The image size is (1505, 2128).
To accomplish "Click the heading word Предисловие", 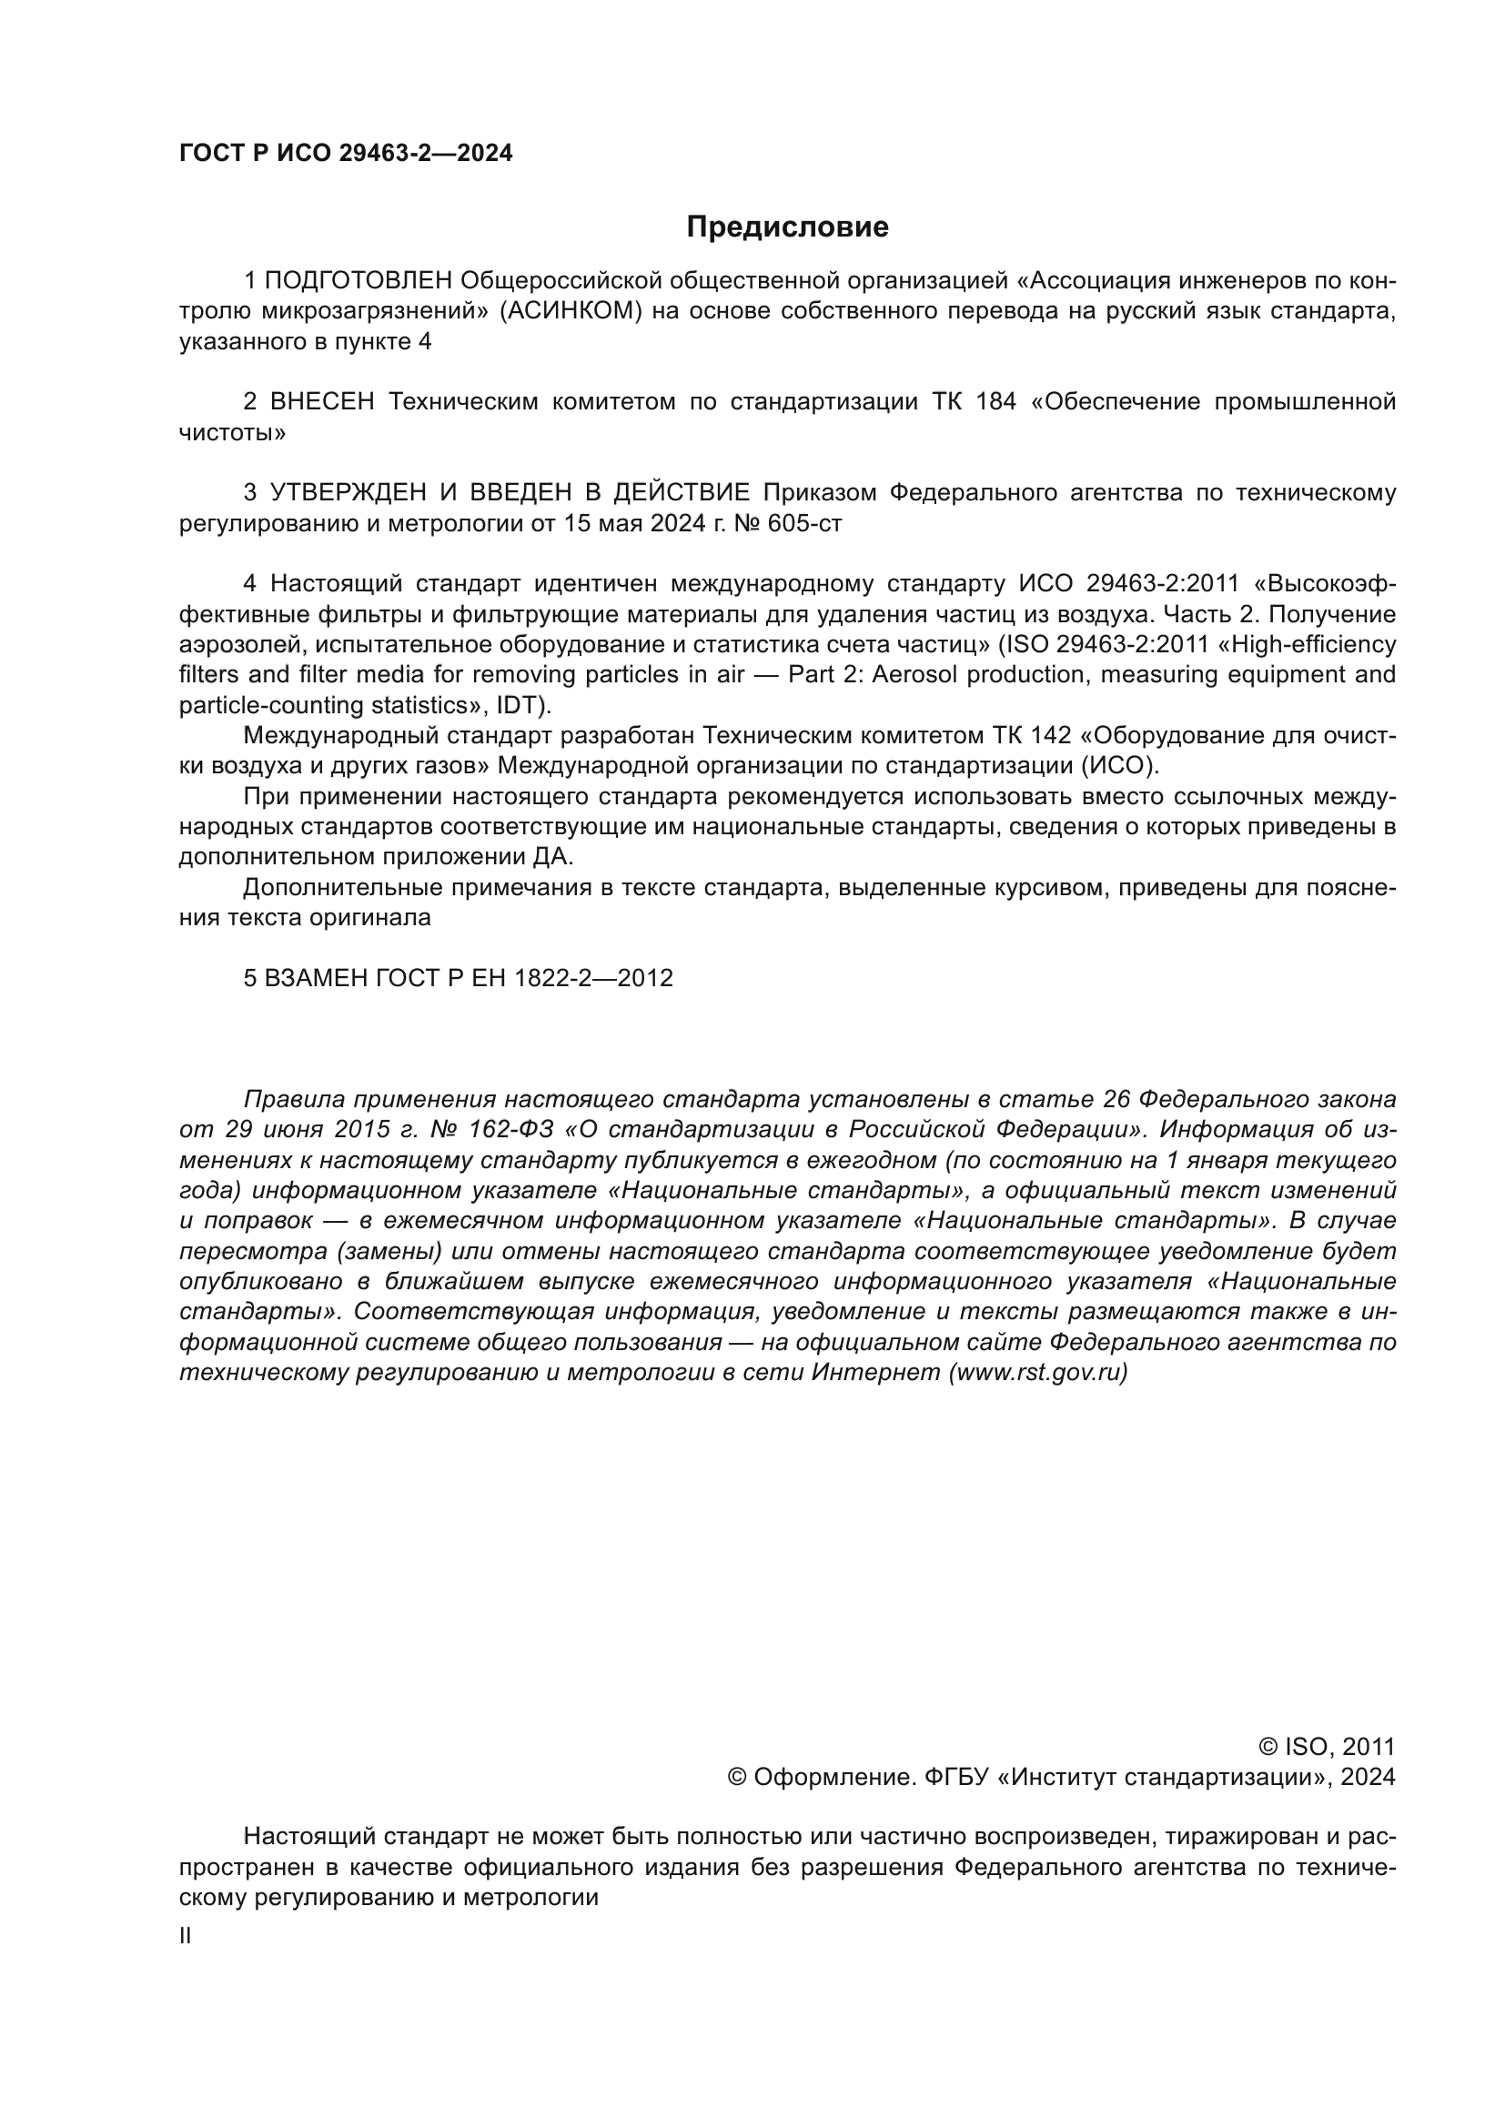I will (x=787, y=227).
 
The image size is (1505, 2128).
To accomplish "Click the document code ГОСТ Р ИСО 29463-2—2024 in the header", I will (x=346, y=154).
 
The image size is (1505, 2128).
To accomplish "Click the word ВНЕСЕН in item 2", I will (x=321, y=402).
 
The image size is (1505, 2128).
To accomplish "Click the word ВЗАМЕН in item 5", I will (x=317, y=979).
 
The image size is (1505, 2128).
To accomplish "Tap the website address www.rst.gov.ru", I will (x=1037, y=1374).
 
